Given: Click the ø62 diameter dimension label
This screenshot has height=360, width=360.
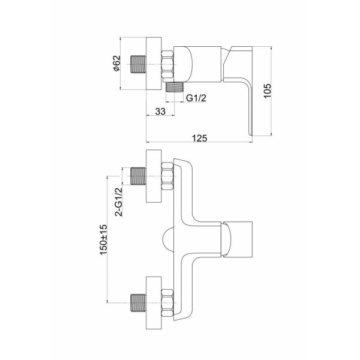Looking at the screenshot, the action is [117, 63].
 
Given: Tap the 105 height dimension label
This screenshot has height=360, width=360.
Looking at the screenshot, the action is [267, 91].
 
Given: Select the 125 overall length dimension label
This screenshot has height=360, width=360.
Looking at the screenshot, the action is [200, 138].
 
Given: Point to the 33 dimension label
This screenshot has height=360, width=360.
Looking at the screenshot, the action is [160, 111].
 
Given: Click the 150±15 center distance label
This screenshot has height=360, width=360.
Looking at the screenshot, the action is [104, 239].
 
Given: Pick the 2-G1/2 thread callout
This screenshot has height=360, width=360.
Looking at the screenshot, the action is [119, 202].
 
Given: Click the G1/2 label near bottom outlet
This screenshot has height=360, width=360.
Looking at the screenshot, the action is [196, 98].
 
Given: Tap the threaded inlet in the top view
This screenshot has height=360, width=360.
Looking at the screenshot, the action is [138, 64].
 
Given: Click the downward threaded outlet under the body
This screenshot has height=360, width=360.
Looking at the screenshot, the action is [175, 87].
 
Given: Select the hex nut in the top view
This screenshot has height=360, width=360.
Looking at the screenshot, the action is [167, 64].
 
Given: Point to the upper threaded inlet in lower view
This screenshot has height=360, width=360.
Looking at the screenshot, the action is [138, 176].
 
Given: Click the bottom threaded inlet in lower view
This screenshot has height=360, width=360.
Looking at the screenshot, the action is [138, 303].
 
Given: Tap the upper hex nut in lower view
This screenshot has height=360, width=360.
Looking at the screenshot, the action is [167, 176].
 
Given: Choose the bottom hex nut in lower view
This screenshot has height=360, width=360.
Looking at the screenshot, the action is [167, 303].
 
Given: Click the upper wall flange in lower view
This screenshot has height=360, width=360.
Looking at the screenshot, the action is [154, 176].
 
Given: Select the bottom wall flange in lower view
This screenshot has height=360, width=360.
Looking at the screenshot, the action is [154, 303].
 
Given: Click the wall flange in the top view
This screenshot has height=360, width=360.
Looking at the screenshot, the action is [154, 64].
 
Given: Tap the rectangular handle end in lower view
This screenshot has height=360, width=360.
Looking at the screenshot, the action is [238, 239].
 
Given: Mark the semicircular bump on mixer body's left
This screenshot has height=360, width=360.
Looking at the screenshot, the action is [168, 239].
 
